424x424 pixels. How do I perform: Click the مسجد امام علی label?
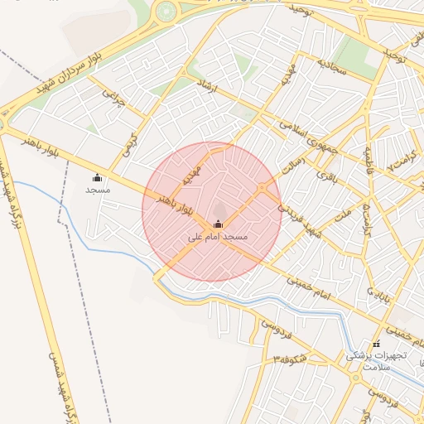click(x=219, y=237)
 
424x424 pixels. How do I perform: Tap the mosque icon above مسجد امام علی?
click(x=218, y=224)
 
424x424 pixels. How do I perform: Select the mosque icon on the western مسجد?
click(x=97, y=177)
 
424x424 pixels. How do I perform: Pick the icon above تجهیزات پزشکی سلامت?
click(x=376, y=344)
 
